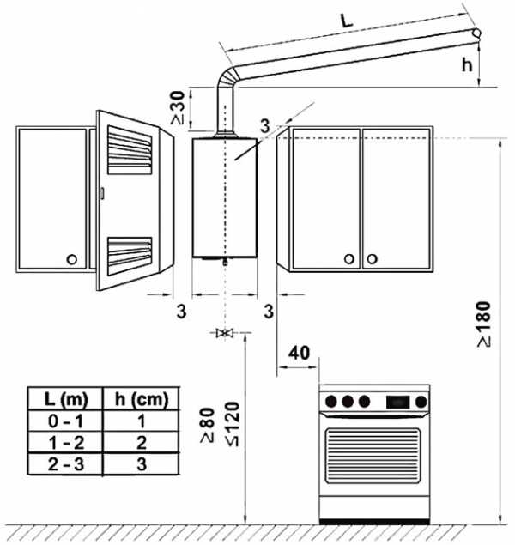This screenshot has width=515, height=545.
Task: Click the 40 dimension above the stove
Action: (299, 353)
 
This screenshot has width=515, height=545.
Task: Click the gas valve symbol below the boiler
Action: (225, 332)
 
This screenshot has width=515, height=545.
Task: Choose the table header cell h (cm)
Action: (142, 400)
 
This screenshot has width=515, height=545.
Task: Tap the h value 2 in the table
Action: (142, 443)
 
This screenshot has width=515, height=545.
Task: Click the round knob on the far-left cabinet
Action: (72, 258)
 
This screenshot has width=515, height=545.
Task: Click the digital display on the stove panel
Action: (397, 401)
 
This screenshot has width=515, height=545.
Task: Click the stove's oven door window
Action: (373, 460)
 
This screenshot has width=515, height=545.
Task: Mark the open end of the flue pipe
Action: (476, 32)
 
